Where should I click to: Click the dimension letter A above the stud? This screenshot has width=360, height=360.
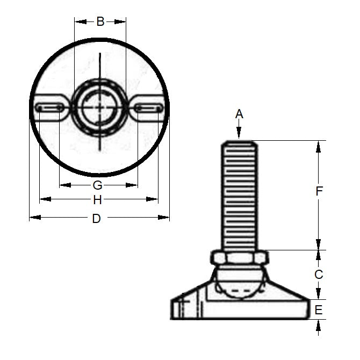click(240, 114)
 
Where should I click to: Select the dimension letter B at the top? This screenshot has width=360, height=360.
click(100, 22)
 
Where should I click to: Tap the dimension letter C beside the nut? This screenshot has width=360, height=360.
click(319, 275)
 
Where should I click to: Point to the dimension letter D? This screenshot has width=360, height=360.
click(97, 218)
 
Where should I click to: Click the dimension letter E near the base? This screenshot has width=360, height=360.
click(319, 310)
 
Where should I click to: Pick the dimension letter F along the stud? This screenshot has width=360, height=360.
click(319, 191)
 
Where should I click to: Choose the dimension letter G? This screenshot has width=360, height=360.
click(97, 185)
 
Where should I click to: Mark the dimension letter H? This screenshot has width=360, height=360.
click(97, 200)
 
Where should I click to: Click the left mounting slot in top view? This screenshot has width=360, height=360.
click(49, 108)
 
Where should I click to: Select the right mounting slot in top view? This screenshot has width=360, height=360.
click(149, 108)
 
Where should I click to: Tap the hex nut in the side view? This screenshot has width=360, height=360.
click(239, 257)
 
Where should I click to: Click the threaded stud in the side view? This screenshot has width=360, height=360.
click(239, 193)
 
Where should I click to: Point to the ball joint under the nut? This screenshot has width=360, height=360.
click(239, 282)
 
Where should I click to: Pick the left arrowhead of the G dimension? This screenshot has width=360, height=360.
click(64, 185)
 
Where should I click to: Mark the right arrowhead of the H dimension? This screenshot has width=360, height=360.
click(153, 199)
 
